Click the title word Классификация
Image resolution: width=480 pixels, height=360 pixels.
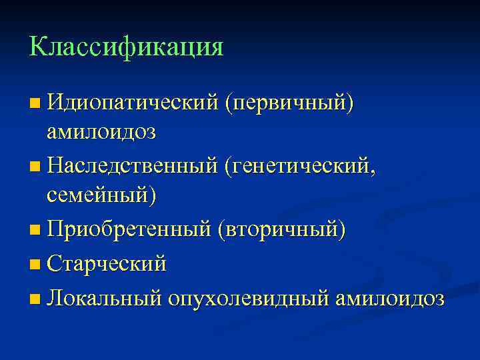click(x=126, y=47)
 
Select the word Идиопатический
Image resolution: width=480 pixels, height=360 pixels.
click(x=133, y=103)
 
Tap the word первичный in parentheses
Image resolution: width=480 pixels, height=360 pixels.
click(x=289, y=103)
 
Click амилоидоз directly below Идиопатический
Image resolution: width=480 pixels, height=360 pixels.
click(x=101, y=132)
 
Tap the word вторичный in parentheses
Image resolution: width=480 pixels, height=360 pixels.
click(x=281, y=231)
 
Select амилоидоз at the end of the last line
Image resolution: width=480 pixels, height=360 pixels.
click(x=389, y=298)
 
